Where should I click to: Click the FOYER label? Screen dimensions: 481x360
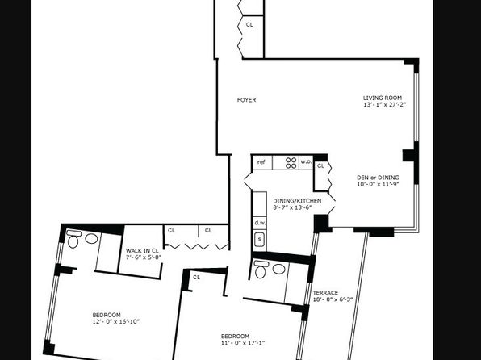pos(246,100)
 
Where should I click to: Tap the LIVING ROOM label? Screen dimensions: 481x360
pos(383,98)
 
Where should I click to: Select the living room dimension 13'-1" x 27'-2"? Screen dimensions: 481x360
pos(385,104)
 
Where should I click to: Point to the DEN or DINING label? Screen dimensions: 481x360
pos(378,178)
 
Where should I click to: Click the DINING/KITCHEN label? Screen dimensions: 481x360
pos(297,201)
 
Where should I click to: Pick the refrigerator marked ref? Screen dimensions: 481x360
pos(262,162)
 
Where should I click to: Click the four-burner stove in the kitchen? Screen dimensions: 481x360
pos(291,163)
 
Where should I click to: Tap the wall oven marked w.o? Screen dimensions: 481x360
pos(306,162)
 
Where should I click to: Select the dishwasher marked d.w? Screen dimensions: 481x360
pos(260,223)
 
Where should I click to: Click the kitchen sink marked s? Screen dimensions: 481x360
pos(260,239)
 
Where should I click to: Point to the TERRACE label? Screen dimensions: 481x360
pos(325,292)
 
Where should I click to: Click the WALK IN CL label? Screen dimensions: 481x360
pos(142,251)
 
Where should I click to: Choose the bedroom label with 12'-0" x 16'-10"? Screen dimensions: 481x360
pos(107,315)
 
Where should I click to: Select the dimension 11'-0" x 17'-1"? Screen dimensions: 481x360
pos(243,343)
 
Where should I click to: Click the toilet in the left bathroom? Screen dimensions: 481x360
pos(73,239)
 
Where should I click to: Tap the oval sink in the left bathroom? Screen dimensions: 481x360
pos(91,238)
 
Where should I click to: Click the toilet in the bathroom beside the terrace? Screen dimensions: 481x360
pos(261,269)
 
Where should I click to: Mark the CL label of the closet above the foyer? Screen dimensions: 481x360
pos(249,24)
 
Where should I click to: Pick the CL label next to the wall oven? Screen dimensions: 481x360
pos(320,165)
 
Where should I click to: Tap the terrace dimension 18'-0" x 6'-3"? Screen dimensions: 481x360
pos(333,299)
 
